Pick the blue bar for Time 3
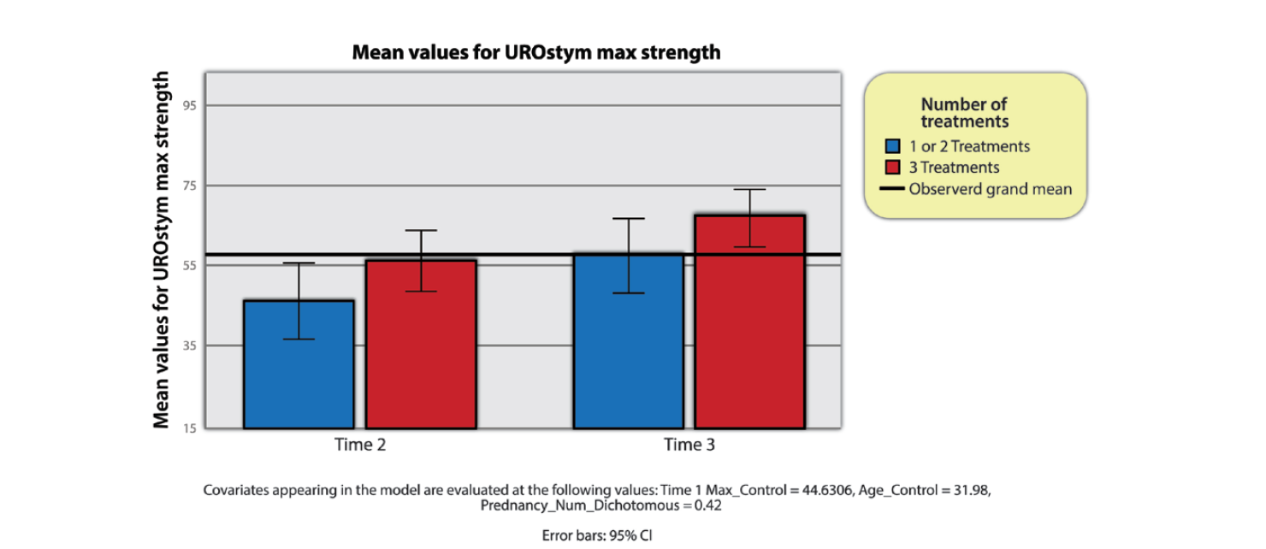coord(628,341)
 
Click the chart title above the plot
coord(536,53)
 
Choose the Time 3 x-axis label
coord(689,445)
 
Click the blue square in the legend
coord(893,146)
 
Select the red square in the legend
coord(893,168)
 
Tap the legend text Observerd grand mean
coord(990,189)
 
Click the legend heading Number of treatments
coord(964,113)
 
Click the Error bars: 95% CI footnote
coord(597,536)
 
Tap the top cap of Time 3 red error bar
coord(749,189)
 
